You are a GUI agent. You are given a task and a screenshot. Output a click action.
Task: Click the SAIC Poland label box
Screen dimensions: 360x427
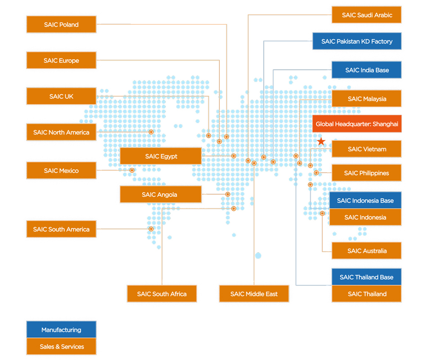tap(61, 25)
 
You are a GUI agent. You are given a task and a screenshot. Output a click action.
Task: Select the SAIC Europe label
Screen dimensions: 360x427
tap(61, 61)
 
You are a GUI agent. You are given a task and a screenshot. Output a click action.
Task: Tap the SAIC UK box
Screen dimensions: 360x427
tap(61, 97)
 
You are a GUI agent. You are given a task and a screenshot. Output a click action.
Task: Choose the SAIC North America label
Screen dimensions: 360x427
tap(61, 133)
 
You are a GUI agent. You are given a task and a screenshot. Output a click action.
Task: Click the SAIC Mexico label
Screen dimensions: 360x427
tap(61, 171)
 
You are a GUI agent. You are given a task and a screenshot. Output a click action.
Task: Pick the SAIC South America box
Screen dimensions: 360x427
tap(61, 229)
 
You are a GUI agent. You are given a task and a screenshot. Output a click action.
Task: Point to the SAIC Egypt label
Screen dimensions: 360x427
tap(161, 156)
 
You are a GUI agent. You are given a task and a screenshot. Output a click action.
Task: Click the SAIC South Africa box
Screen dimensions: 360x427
tap(162, 294)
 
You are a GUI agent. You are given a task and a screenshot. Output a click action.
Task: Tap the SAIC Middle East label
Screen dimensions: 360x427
tap(254, 294)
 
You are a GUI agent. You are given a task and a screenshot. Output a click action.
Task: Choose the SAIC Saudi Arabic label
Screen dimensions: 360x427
tap(367, 15)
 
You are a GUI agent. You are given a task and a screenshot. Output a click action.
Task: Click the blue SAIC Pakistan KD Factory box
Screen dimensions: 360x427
tap(357, 41)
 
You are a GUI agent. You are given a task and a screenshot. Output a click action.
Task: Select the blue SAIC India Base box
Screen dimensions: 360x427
tap(367, 70)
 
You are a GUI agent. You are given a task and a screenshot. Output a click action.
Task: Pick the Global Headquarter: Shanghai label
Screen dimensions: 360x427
tap(357, 124)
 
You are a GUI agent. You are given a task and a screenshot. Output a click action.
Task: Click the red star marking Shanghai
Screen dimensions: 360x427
tap(321, 142)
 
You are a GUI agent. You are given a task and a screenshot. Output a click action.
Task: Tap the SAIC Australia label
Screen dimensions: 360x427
tap(367, 251)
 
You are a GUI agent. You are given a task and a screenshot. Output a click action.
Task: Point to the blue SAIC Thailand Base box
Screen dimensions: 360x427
tap(367, 277)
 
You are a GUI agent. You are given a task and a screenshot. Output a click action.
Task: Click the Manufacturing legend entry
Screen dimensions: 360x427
tap(61, 330)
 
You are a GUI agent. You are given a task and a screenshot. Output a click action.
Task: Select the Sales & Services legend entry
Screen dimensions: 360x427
tap(61, 347)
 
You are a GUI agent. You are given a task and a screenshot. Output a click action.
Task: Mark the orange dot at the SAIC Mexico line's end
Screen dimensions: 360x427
tap(132, 170)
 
